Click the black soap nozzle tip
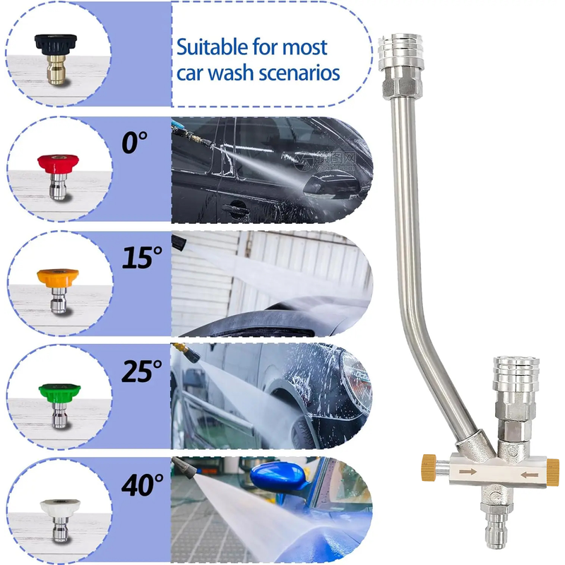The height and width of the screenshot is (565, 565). pyautogui.click(x=56, y=59)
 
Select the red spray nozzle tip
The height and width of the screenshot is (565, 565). pyautogui.click(x=58, y=176)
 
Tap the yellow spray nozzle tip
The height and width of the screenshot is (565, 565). pyautogui.click(x=58, y=290)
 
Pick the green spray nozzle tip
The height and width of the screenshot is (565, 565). pyautogui.click(x=59, y=405)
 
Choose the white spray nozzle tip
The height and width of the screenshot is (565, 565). pyautogui.click(x=60, y=520)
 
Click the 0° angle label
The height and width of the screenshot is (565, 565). pyautogui.click(x=134, y=143)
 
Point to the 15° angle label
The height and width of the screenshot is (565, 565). pyautogui.click(x=142, y=258)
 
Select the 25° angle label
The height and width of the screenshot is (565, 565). pyautogui.click(x=142, y=371)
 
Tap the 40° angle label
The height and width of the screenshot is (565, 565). pyautogui.click(x=142, y=485)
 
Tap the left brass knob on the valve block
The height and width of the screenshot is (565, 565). pyautogui.click(x=429, y=468)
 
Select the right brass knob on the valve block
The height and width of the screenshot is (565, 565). pyautogui.click(x=553, y=472)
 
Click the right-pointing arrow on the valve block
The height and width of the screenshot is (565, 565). pyautogui.click(x=468, y=471)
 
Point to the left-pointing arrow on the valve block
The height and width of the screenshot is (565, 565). pyautogui.click(x=529, y=475)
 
